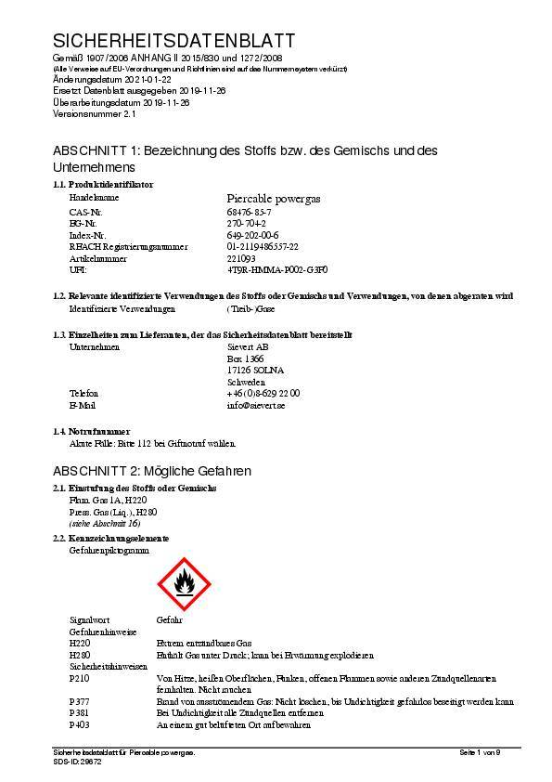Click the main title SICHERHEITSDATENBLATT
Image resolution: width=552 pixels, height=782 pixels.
pos(174,41)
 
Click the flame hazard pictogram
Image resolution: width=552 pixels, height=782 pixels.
pos(186,582)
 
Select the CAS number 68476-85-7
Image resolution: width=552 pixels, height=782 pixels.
pos(250,213)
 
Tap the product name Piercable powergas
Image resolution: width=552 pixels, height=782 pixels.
pos(275,198)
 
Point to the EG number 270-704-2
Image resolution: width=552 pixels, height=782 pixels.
pos(247,224)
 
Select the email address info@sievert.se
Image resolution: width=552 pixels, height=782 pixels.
pos(256,405)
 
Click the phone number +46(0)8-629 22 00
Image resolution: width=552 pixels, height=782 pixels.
pos(263,394)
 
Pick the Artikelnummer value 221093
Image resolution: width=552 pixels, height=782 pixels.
pos(241,258)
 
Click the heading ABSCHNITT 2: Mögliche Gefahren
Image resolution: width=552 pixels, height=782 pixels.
pos(152,471)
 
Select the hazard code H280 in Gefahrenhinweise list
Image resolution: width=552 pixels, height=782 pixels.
pos(80,655)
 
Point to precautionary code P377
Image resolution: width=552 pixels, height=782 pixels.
pos(80,701)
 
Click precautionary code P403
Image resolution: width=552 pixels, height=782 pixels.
pos(80,724)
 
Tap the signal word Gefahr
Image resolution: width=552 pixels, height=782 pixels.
pos(170,619)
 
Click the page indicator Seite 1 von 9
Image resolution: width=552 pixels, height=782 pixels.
pos(480,751)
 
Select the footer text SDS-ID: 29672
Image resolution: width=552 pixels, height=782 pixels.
pos(78,761)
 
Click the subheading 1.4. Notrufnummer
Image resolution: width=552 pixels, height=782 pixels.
pos(91,432)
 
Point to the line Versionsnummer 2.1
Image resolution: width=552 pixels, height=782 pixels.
pos(95,113)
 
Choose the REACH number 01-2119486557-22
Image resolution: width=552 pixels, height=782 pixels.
pos(263,247)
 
